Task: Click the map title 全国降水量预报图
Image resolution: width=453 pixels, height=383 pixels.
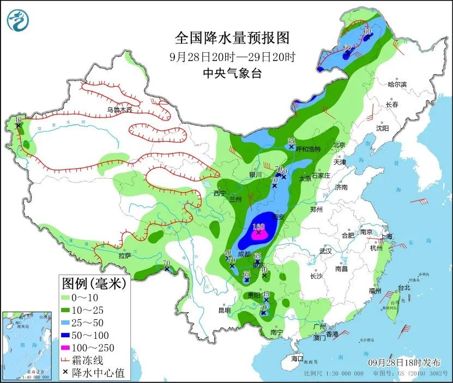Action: [231, 38]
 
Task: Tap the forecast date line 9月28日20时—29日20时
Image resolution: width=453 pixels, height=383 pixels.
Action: [231, 56]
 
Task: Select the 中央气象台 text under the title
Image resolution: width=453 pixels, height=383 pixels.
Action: [231, 73]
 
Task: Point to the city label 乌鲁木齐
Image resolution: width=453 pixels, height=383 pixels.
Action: [120, 110]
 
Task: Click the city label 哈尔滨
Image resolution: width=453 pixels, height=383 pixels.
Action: [397, 84]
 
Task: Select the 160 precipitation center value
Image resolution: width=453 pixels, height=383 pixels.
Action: [258, 227]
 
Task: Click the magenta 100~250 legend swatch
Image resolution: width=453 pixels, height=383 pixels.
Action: [69, 348]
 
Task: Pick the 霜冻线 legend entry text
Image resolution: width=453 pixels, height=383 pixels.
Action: [90, 360]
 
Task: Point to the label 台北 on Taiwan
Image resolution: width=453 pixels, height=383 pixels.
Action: [403, 288]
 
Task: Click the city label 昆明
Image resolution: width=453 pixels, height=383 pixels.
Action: [225, 310]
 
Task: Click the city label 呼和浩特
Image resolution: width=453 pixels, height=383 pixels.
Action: [308, 149]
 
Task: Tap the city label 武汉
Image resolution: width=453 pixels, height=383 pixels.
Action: [326, 251]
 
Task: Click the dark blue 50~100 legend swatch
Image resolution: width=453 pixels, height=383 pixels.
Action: [69, 335]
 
